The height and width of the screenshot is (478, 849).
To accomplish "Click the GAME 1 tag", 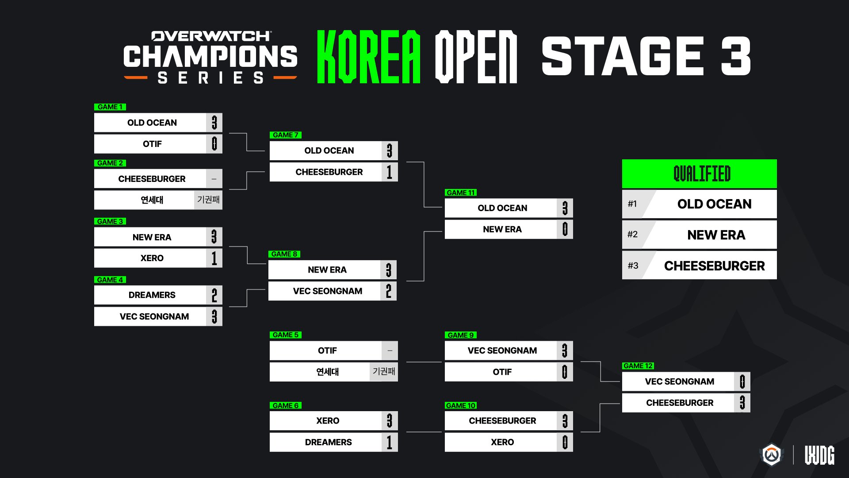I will coord(110,107).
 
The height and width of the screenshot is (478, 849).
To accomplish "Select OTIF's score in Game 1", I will coord(214,144).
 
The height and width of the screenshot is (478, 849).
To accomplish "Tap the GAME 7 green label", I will coord(286,135).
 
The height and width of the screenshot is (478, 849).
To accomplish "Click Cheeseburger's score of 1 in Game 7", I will coord(390,172).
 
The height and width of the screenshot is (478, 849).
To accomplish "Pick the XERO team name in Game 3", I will coord(152,258).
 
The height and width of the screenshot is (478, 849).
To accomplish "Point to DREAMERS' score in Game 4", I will coord(214,295).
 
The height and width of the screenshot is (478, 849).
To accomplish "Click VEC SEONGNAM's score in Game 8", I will coord(389,291).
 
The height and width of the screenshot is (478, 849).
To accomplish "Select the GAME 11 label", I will coord(461,193).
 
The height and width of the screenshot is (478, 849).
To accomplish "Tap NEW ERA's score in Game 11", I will coord(565,229).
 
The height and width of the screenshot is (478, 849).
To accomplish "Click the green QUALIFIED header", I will coord(699,174).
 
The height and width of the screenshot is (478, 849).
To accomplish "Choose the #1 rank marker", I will coord(632,204).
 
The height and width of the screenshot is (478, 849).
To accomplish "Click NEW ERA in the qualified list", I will coord(716,235).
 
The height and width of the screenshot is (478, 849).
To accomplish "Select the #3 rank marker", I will coord(633,266).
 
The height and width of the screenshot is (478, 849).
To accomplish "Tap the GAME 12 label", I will coord(638,366).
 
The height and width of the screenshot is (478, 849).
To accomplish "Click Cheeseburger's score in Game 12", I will coord(742,403).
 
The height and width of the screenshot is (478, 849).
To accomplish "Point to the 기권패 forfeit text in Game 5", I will coord(384,371).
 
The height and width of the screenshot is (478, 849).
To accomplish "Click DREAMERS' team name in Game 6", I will coord(328,442).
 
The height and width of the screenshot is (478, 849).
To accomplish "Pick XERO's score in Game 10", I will coord(565,442).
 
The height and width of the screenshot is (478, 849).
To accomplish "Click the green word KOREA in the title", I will coord(369,57).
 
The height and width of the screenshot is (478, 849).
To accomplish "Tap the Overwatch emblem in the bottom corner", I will coord(772,455).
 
